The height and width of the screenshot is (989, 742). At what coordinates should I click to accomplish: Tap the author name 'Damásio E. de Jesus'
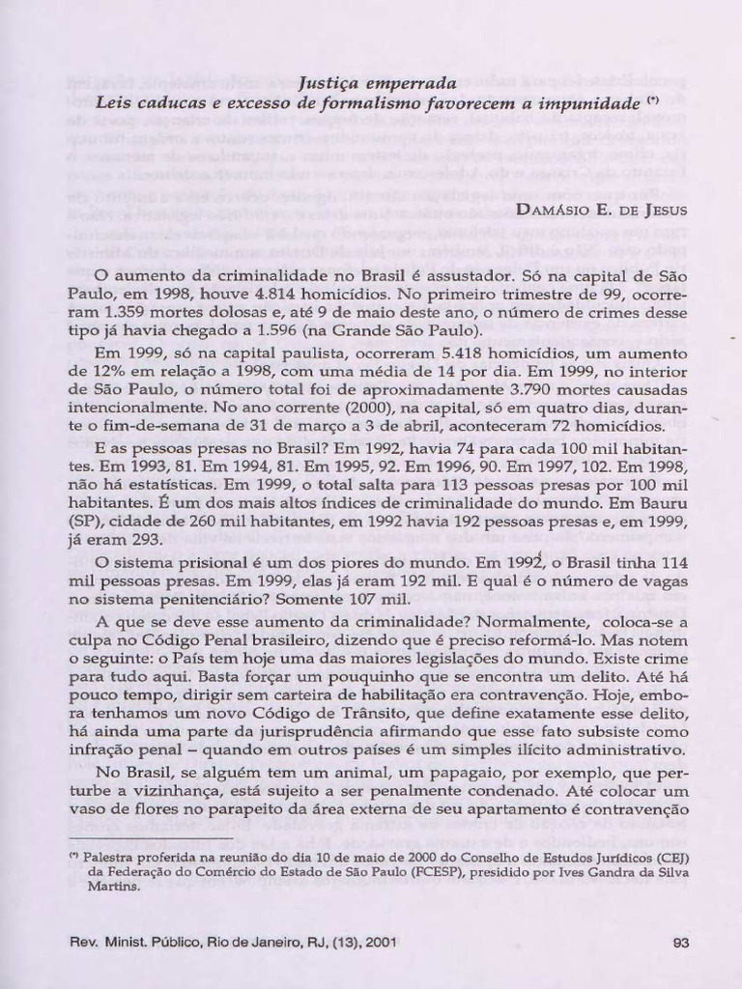[x=602, y=210]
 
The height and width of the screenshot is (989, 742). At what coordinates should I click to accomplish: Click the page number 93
[x=679, y=943]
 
